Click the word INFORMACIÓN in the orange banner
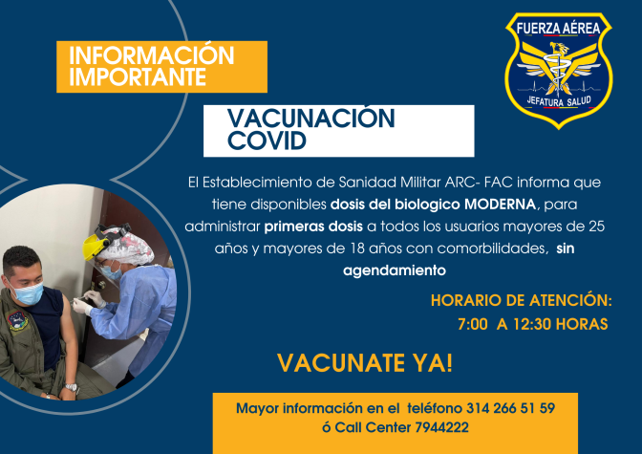click(x=152, y=55)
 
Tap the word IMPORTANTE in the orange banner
click(x=138, y=76)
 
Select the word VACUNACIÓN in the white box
click(x=311, y=118)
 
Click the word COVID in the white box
click(x=267, y=141)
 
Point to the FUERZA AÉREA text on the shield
click(x=559, y=28)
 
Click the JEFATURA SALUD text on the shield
click(x=559, y=100)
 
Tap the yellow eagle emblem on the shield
click(x=559, y=66)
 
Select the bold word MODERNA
click(x=500, y=204)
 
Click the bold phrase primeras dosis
click(x=313, y=227)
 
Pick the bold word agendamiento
click(x=395, y=270)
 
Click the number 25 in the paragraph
click(x=596, y=227)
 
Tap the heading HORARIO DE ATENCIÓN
click(x=522, y=300)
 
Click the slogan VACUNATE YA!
click(x=365, y=363)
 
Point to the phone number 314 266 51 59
click(x=510, y=408)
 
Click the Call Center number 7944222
click(x=441, y=427)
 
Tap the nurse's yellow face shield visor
click(x=95, y=246)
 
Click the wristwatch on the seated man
click(x=72, y=387)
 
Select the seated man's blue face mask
click(x=28, y=292)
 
